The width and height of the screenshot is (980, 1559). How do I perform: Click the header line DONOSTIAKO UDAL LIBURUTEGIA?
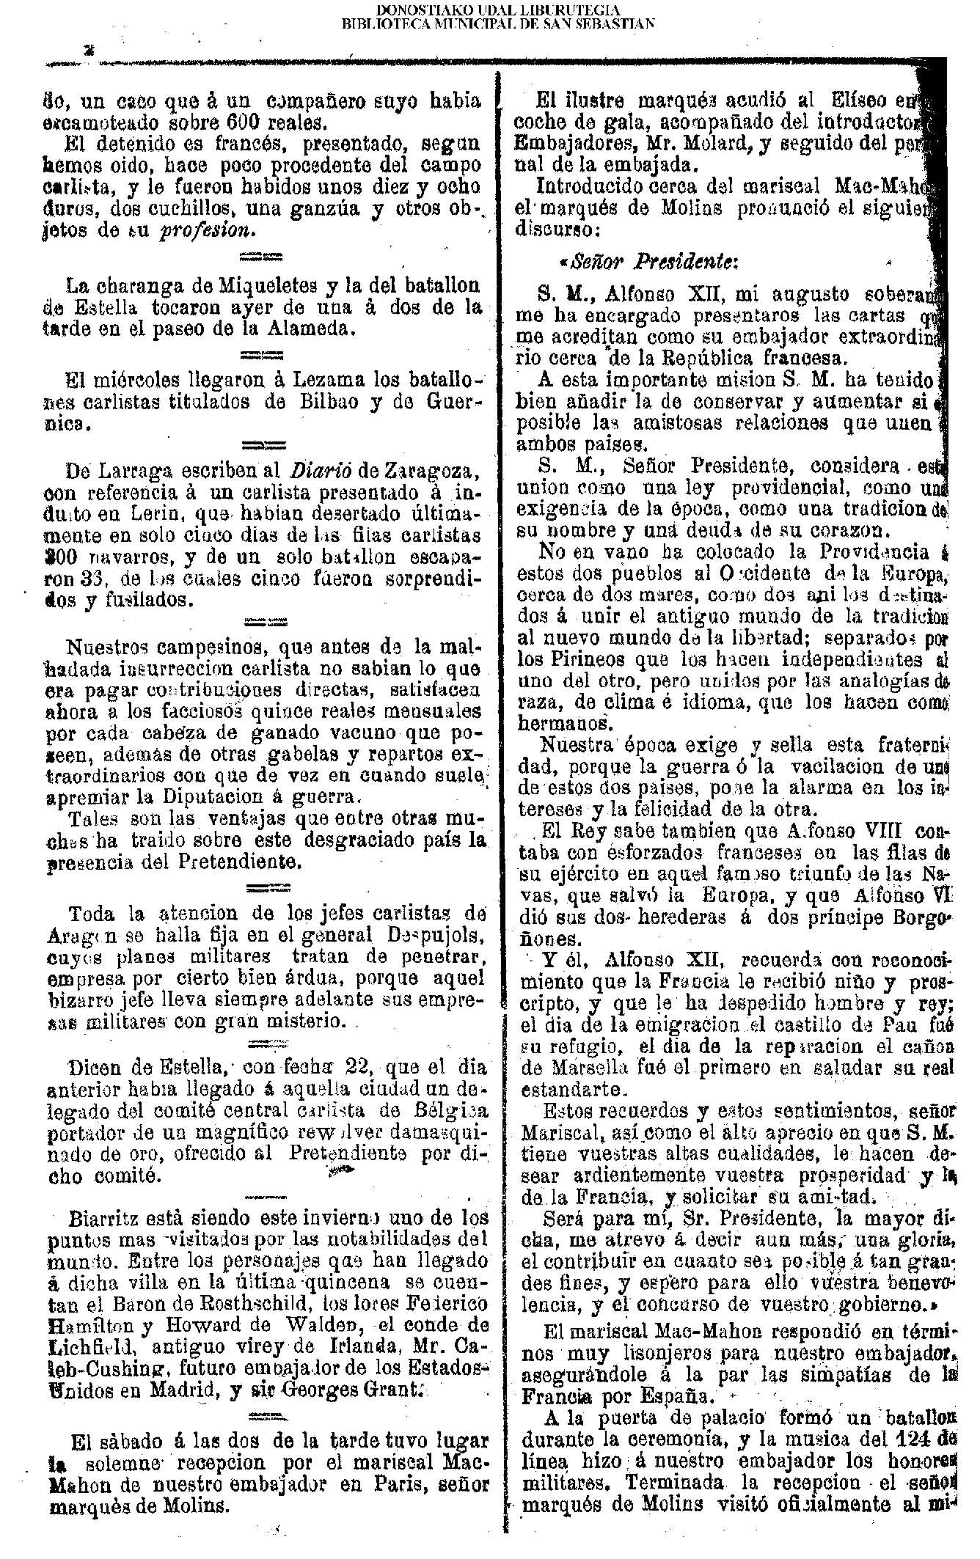coord(498,10)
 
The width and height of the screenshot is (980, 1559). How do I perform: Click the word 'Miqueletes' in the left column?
coord(235,285)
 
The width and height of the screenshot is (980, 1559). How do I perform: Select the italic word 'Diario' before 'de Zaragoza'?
coord(319,468)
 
